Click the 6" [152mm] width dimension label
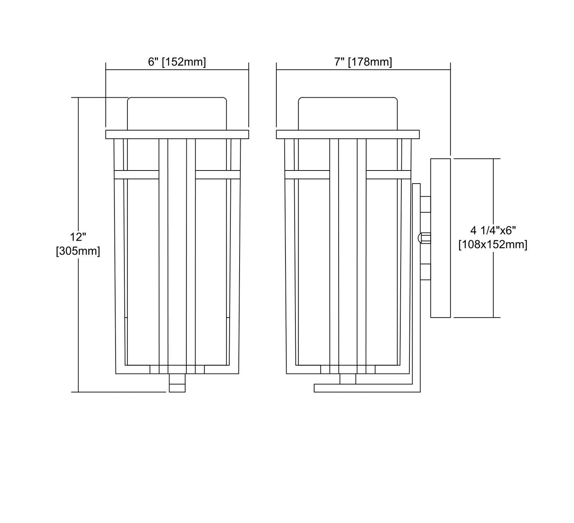click(x=177, y=62)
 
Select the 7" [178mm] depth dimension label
click(x=363, y=62)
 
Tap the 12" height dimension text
click(x=78, y=237)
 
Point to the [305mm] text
click(x=78, y=251)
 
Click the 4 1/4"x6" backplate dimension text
click(x=493, y=230)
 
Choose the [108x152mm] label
click(x=493, y=244)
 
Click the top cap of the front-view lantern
click(x=177, y=114)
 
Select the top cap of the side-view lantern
click(x=348, y=114)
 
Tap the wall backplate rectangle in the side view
click(x=440, y=238)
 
